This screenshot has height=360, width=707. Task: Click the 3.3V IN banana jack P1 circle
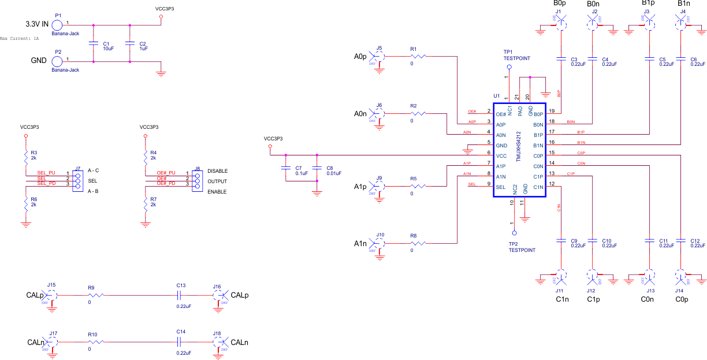pos(57,25)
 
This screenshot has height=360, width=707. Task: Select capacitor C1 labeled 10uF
pos(94,43)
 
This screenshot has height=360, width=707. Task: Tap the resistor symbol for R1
pos(419,56)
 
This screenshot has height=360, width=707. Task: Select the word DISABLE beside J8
pos(217,171)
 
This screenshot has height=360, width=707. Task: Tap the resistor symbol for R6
pos(26,203)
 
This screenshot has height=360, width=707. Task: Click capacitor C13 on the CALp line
pos(181,295)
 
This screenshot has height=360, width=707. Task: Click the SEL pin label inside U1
pos(500,187)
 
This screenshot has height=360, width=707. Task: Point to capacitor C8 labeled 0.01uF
pos(317,168)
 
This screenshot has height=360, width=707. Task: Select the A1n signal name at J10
pos(360,244)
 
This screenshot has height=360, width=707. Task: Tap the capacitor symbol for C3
pos(561,58)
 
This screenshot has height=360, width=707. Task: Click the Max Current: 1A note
pos(19,39)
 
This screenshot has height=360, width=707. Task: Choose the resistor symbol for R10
pos(96,342)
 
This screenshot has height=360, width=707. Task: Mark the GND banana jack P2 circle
pos(57,60)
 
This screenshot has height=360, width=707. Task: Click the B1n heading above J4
pos(684,4)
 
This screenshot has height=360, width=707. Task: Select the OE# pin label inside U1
pos(501,114)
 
